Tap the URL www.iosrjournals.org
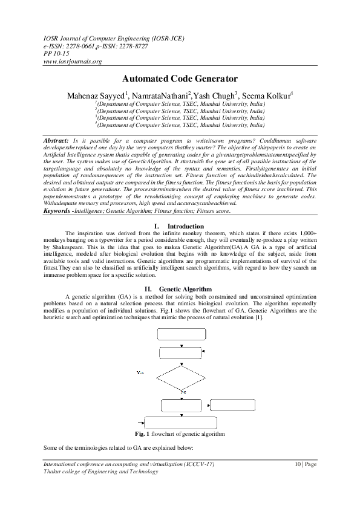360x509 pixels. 71,61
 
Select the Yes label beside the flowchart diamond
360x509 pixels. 140,373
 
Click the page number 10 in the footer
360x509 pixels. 297,464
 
